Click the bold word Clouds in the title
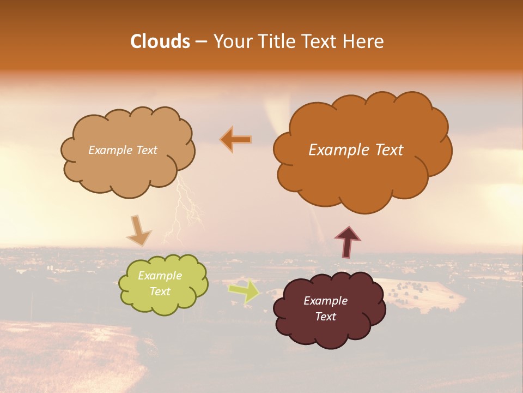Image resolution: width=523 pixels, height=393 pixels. click(x=160, y=41)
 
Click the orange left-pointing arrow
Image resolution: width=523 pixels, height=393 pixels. click(x=236, y=139)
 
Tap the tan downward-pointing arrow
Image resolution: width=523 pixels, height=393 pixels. click(x=138, y=230)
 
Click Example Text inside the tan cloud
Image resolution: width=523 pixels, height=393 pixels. click(x=123, y=150)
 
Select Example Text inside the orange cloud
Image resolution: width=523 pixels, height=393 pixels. click(x=356, y=150)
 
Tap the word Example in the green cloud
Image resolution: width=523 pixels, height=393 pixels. click(x=160, y=276)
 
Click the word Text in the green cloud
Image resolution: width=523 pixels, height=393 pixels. click(x=160, y=291)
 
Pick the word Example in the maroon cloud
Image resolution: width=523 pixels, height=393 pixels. click(x=325, y=301)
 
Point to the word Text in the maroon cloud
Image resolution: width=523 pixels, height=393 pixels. click(x=325, y=317)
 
